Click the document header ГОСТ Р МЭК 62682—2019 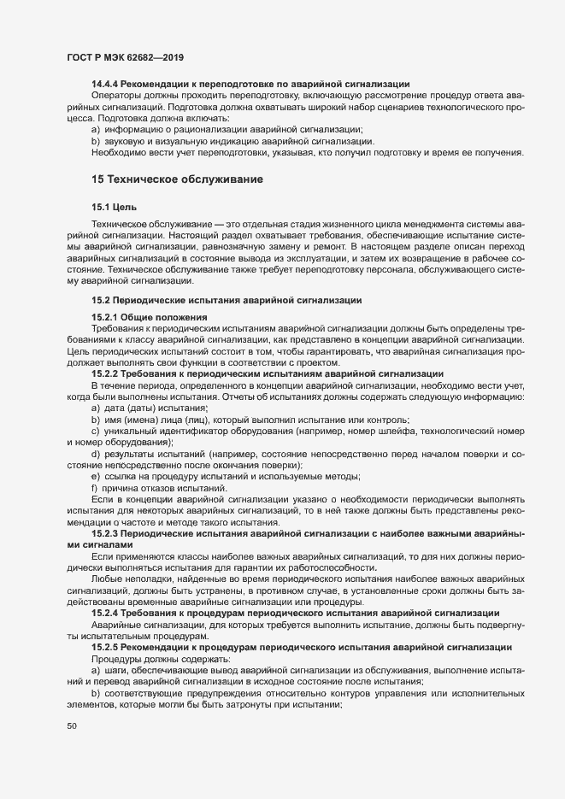(x=126, y=58)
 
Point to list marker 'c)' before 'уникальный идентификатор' (x=95, y=430)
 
